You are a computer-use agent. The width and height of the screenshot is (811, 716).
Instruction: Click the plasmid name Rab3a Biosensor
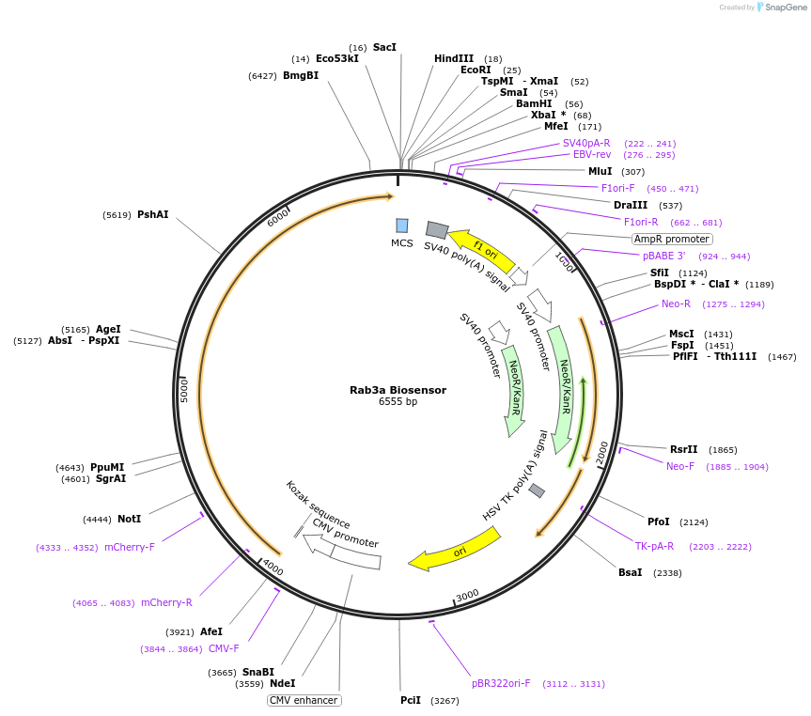coord(398,390)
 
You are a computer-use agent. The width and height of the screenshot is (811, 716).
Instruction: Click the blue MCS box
coord(402,226)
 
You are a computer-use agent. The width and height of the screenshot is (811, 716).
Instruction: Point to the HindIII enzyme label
coord(454,59)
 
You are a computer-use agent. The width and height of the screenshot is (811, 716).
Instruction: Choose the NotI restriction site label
coord(129,519)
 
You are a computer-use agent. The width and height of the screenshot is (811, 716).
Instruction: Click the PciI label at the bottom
coord(411,701)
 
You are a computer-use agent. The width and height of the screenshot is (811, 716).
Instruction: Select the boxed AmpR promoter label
coord(672,239)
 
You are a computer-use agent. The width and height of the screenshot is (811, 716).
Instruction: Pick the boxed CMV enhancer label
coord(304,700)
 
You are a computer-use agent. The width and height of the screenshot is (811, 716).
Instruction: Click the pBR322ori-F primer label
coord(501,683)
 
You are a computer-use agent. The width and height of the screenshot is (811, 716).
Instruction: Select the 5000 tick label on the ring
coord(185,389)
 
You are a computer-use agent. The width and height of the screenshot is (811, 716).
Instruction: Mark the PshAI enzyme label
coord(152,214)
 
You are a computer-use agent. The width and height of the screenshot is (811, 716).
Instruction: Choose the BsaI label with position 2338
coord(631,572)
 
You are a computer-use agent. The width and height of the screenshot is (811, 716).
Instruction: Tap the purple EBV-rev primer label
coord(592,154)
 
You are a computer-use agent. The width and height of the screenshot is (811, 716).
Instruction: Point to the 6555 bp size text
coord(398,402)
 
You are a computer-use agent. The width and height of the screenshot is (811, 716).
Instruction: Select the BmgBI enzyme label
coord(301,75)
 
